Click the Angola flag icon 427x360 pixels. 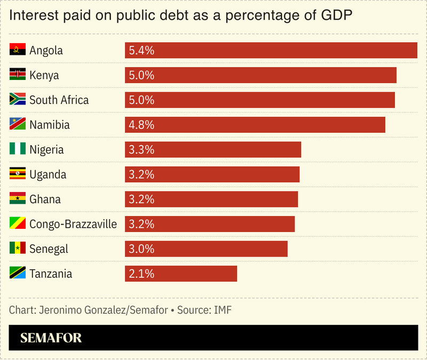[x=18, y=50]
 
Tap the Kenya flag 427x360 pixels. [x=18, y=75]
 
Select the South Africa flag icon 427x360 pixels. [x=18, y=100]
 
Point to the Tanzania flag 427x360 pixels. [x=18, y=274]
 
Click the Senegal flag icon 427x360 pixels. [x=18, y=249]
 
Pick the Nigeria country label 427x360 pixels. [x=46, y=149]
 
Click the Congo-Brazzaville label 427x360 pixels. [x=73, y=224]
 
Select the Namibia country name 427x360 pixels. [x=50, y=125]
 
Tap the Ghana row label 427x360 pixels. [x=45, y=199]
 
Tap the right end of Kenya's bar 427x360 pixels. [x=394, y=75]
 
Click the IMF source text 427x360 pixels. [x=223, y=310]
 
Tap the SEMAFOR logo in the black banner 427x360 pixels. [x=51, y=338]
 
